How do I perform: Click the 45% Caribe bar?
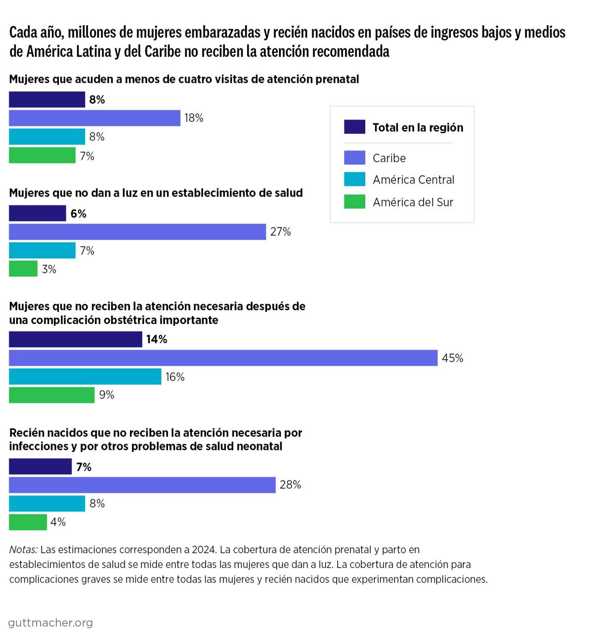click(223, 358)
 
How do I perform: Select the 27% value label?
click(280, 232)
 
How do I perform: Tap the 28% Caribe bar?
click(142, 485)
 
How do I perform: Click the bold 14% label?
click(157, 339)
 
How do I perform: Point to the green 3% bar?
click(23, 269)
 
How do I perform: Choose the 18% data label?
click(194, 118)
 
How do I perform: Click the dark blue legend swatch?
click(354, 127)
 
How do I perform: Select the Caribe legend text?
click(389, 158)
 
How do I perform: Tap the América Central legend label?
click(413, 180)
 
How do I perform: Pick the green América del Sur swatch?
click(354, 201)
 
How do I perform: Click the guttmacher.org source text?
click(50, 623)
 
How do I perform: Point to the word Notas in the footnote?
click(23, 550)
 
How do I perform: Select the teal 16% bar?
click(85, 376)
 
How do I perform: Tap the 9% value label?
click(107, 395)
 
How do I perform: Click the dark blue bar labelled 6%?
click(38, 213)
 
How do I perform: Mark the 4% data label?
click(58, 522)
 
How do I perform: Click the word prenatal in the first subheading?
click(338, 79)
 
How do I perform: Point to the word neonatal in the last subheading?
click(259, 446)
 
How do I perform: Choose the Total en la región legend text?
click(418, 127)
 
